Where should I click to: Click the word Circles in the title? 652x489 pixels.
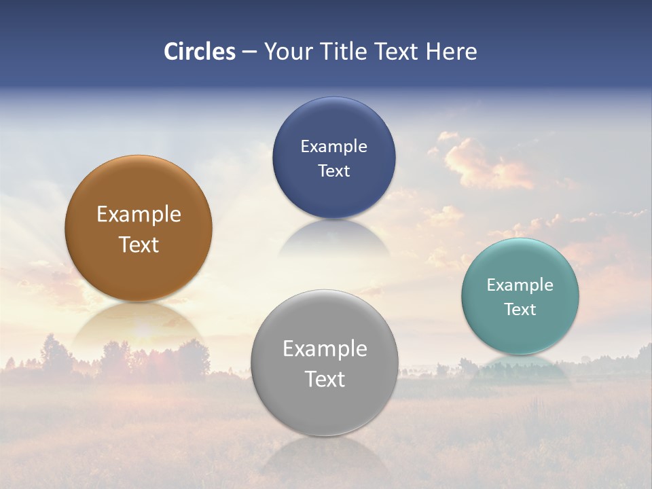(200, 52)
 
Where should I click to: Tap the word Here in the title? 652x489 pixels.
(451, 52)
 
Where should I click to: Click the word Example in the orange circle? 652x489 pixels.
(139, 215)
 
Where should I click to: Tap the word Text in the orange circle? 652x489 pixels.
(139, 245)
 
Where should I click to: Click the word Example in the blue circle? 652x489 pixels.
(333, 147)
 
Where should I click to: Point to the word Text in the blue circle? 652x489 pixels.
(333, 171)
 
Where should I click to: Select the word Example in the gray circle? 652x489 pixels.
(325, 349)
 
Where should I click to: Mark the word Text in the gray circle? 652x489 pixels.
(325, 380)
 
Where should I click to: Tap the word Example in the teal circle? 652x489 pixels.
(520, 285)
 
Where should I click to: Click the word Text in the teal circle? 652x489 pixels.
(520, 310)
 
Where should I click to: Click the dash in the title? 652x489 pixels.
(249, 52)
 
